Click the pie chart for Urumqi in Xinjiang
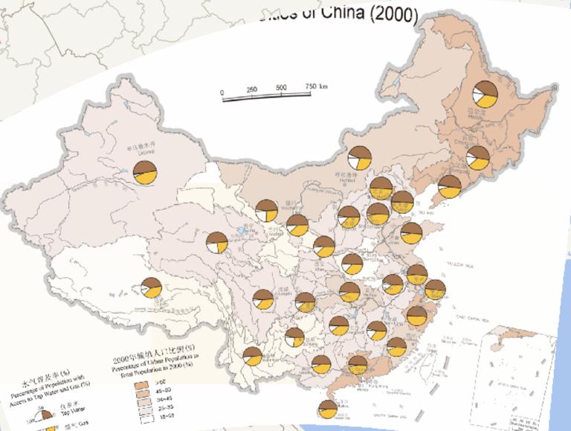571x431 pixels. (x=145, y=172)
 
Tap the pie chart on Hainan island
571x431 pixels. (x=327, y=409)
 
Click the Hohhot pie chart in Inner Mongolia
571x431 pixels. (x=359, y=159)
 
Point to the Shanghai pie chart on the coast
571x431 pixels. (x=435, y=290)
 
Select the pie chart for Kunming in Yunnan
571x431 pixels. (x=253, y=356)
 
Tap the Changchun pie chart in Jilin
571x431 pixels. (x=477, y=158)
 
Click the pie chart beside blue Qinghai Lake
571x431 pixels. (x=217, y=243)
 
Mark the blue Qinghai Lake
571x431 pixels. (x=243, y=231)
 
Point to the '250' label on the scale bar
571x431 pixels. (x=251, y=89)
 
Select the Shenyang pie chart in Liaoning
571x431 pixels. (x=449, y=187)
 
